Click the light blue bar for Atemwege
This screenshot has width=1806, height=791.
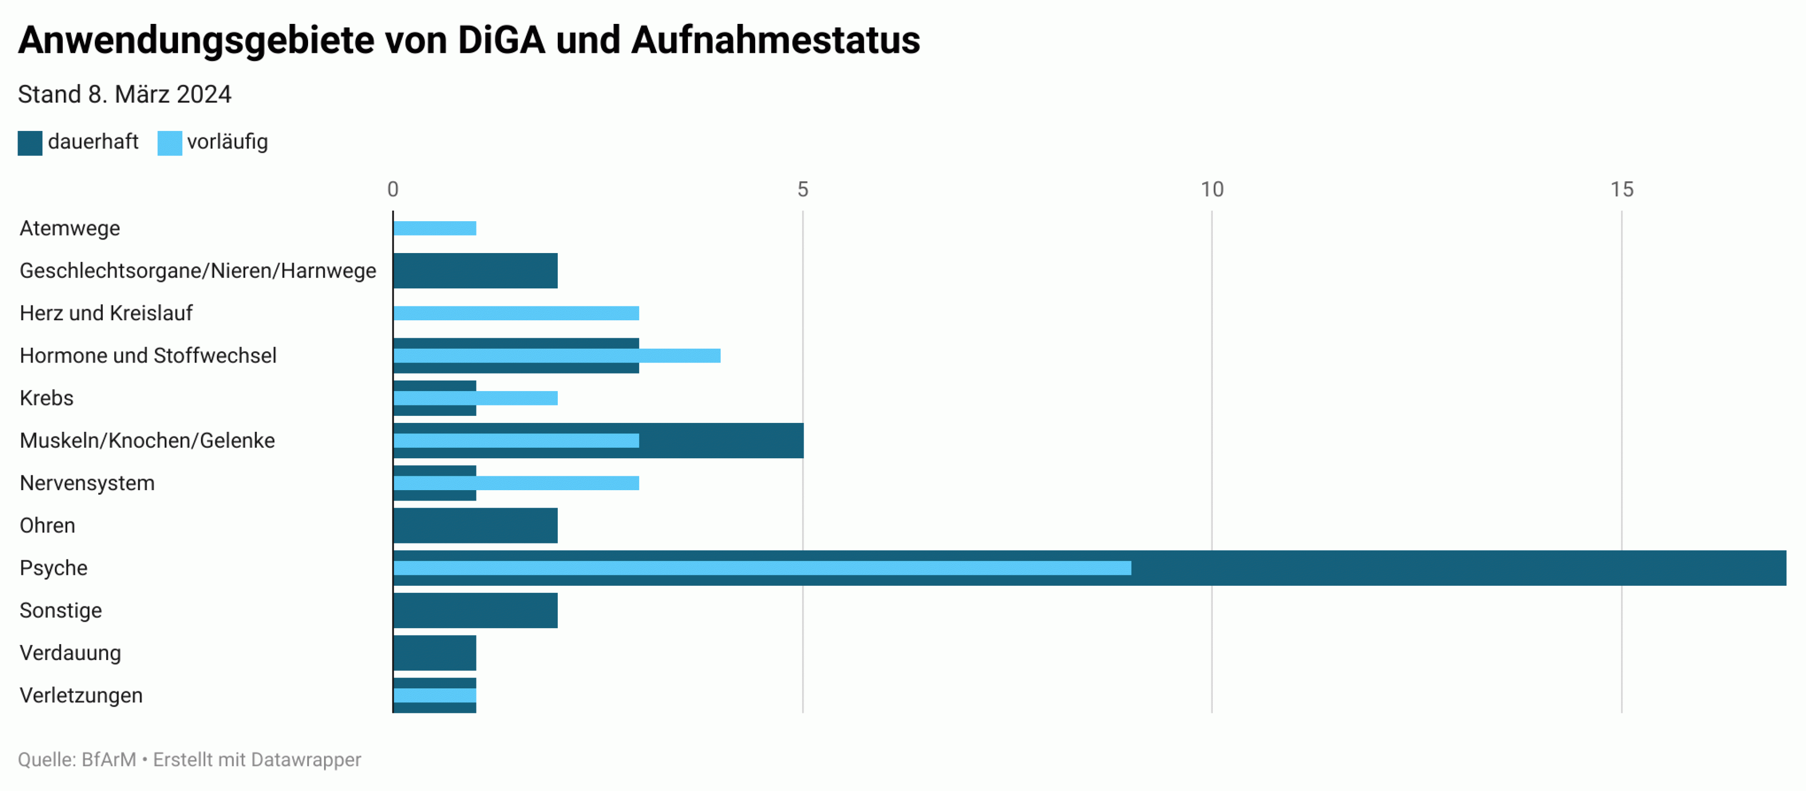[x=435, y=229]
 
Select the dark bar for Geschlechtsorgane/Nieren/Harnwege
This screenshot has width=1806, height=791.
[x=476, y=270]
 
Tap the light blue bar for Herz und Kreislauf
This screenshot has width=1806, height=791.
[x=516, y=313]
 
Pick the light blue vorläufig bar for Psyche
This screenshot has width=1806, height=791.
[x=762, y=568]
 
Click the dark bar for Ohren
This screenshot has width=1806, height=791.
[x=476, y=526]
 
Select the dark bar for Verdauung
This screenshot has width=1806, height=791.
[x=435, y=653]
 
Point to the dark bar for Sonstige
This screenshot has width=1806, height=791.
[x=476, y=610]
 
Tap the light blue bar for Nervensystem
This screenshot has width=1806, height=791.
[x=516, y=484]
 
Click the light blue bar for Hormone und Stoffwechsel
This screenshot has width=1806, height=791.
[x=557, y=356]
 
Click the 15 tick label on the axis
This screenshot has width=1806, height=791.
[x=1621, y=189]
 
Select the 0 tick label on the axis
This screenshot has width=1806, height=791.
[x=393, y=189]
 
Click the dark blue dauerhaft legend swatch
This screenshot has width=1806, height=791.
[x=30, y=143]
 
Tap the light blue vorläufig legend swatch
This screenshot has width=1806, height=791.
[x=169, y=143]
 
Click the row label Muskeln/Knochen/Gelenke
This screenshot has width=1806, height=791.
[x=147, y=441]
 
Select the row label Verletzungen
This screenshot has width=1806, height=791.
[x=81, y=696]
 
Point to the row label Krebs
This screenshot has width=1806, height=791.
[x=46, y=398]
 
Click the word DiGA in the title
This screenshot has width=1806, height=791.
[x=501, y=40]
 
